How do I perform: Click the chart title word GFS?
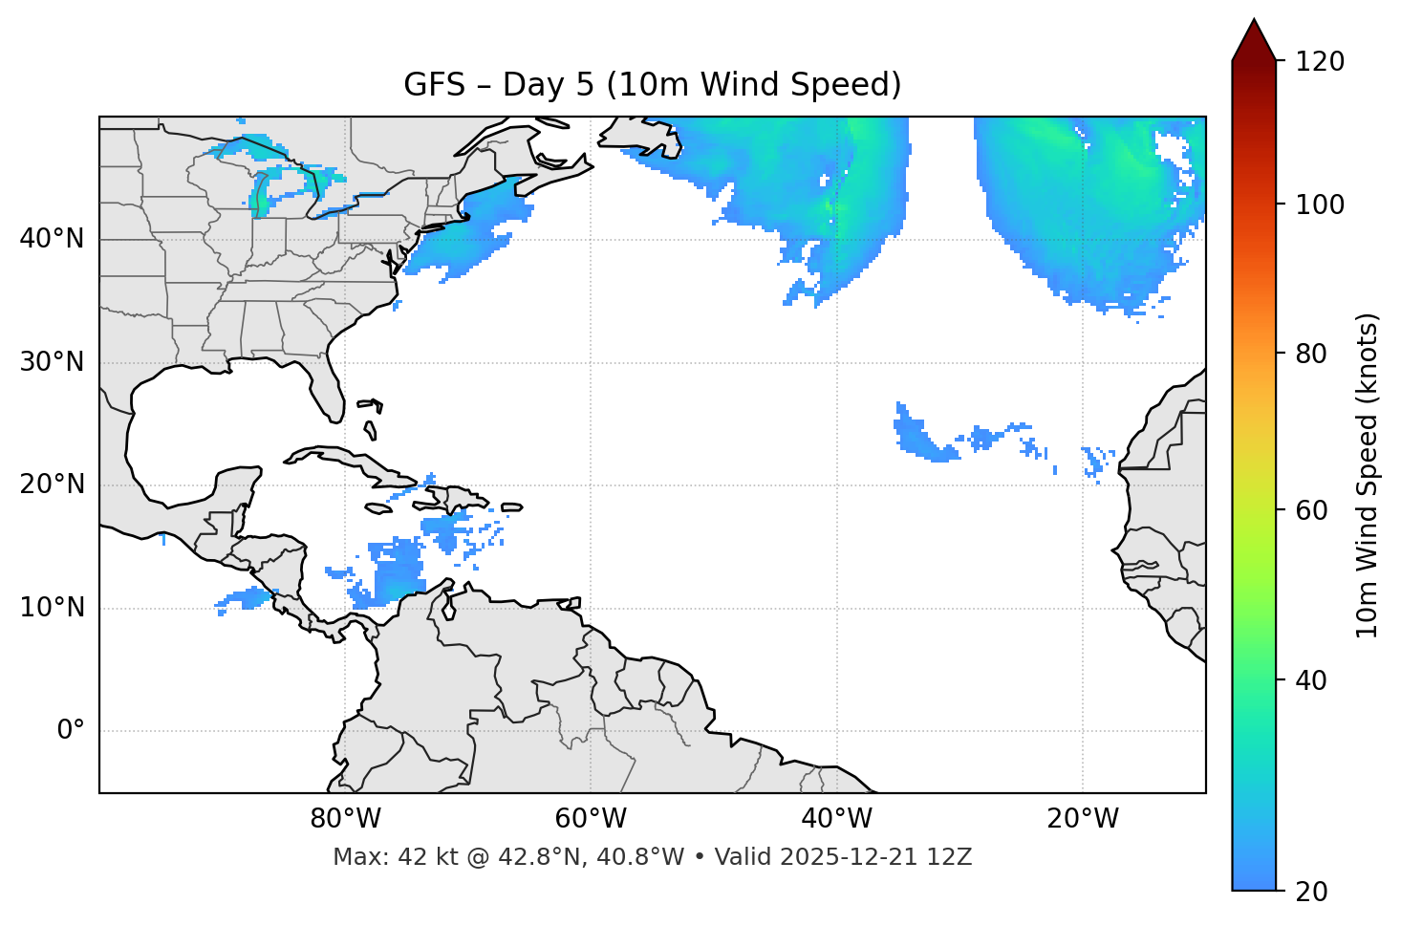coord(434,85)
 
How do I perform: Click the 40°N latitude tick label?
coord(52,239)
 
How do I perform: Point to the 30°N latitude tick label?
coord(52,362)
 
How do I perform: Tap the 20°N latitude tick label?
coord(52,485)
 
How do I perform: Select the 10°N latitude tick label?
coord(52,608)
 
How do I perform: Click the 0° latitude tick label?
coord(71,731)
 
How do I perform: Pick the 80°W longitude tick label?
coord(345,819)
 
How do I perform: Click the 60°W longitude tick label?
coord(591,819)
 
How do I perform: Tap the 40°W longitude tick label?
coord(836,819)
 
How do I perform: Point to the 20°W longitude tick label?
coord(1083,819)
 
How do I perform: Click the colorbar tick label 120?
coord(1320,62)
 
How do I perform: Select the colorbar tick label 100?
coord(1320,205)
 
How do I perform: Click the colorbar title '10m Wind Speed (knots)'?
coord(1368,475)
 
